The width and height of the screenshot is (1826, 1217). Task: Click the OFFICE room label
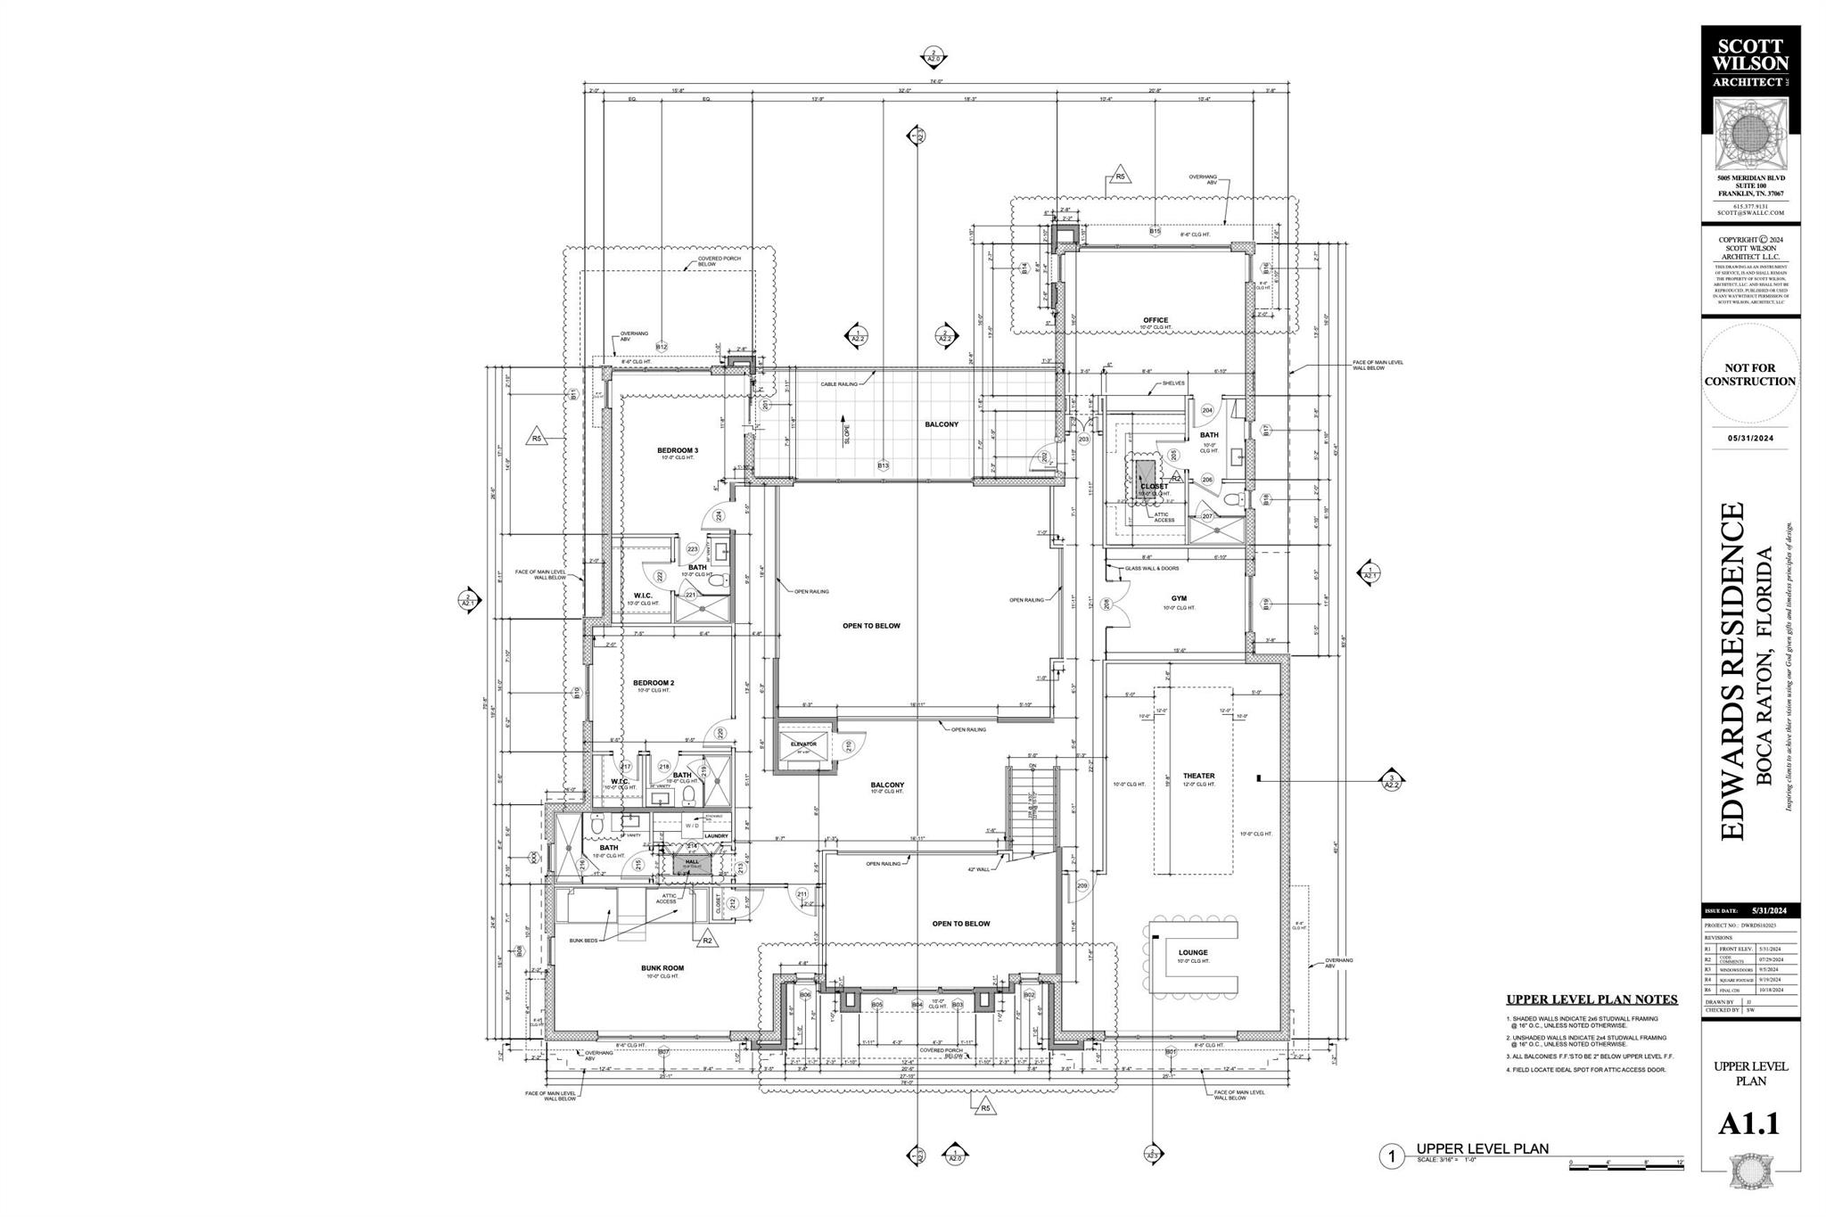tap(1156, 320)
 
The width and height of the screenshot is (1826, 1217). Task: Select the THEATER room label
tap(1198, 776)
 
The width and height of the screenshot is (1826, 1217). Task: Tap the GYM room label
tap(1179, 598)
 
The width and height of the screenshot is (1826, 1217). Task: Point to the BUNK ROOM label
tap(662, 967)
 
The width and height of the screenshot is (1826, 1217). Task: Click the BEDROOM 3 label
tap(677, 450)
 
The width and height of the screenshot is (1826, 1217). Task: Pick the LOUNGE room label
tap(1192, 952)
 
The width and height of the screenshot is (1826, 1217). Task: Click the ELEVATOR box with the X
tap(803, 748)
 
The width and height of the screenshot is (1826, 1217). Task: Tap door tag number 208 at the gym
tap(1107, 604)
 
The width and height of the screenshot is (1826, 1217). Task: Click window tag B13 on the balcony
tap(883, 465)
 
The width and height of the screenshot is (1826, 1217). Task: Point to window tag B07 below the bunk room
tap(663, 1052)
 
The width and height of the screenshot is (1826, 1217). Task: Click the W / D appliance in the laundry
tap(692, 826)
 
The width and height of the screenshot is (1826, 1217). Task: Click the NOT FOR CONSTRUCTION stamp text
tap(1749, 374)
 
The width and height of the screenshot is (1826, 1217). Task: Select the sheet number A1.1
tap(1748, 1123)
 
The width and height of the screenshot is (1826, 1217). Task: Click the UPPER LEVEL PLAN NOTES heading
tap(1592, 999)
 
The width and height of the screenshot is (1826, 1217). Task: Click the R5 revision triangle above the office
tap(1121, 177)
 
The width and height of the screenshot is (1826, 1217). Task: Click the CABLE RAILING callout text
tap(839, 384)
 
